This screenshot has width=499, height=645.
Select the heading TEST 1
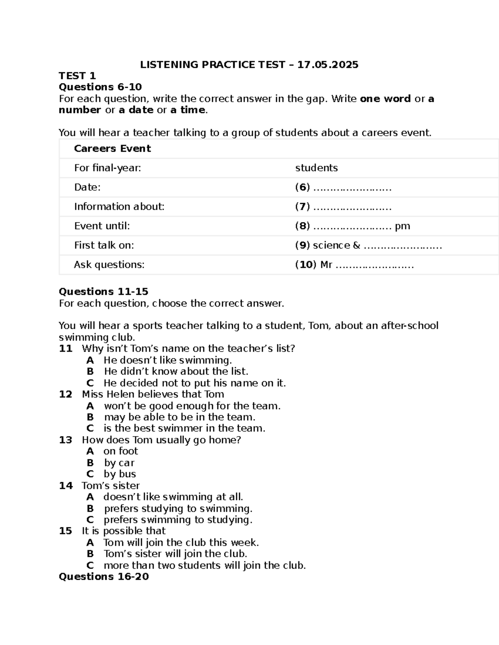(x=77, y=76)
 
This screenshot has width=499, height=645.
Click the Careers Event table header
(x=112, y=149)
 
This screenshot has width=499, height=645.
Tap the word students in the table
(x=316, y=168)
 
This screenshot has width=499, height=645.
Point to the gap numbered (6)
(x=352, y=188)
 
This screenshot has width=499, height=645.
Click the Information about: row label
(x=119, y=207)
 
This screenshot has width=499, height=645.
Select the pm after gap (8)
(x=402, y=226)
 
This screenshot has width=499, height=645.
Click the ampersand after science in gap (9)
(x=356, y=245)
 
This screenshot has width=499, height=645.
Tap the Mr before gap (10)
(x=326, y=265)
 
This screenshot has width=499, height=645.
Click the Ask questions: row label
(x=109, y=265)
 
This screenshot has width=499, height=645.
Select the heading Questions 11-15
(x=104, y=292)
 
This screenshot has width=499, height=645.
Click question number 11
(x=66, y=348)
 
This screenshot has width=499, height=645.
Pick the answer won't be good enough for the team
(x=192, y=406)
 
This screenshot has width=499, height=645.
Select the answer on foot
(x=121, y=451)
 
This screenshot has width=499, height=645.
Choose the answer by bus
(x=120, y=474)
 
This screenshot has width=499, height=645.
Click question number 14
(x=66, y=486)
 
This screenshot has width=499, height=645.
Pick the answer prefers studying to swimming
(x=178, y=508)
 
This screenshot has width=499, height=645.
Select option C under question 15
(x=90, y=565)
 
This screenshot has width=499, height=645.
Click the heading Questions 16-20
(x=104, y=576)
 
